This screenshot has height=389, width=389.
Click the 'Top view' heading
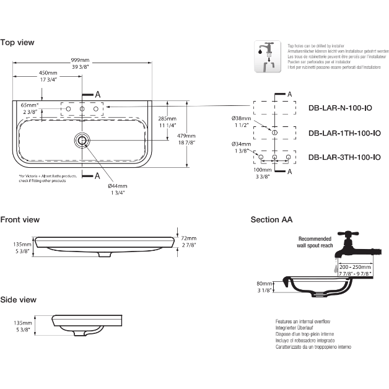coord(17,42)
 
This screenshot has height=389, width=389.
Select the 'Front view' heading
coord(20,219)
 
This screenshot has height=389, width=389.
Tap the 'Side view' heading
coord(19,299)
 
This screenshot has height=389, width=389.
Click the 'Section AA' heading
coord(271,219)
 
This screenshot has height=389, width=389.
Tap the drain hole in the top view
coord(82,141)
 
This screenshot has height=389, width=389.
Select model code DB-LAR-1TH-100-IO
coord(344,133)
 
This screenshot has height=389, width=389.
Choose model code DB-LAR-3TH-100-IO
coord(344,157)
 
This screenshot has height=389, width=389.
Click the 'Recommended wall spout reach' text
coord(315,242)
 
